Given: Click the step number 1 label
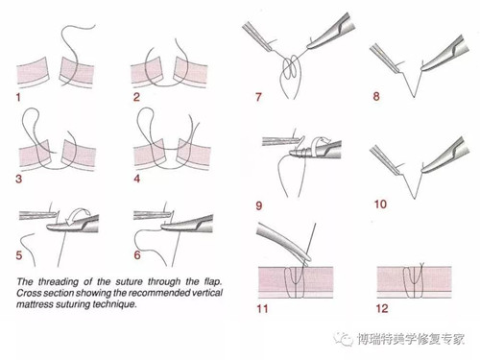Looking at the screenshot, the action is pyautogui.click(x=18, y=97).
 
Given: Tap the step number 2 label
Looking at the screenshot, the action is pyautogui.click(x=136, y=97).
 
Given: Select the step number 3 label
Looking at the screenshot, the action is pyautogui.click(x=19, y=179).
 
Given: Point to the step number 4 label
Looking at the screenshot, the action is pyautogui.click(x=137, y=179).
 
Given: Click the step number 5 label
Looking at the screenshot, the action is pyautogui.click(x=19, y=255).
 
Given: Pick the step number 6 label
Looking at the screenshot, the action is pyautogui.click(x=137, y=255).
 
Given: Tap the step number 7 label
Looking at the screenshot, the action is pyautogui.click(x=258, y=97).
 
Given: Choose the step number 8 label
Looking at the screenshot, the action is pyautogui.click(x=376, y=96).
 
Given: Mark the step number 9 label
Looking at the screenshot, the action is pyautogui.click(x=259, y=205).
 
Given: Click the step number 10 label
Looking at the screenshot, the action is pyautogui.click(x=380, y=204).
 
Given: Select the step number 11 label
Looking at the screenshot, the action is pyautogui.click(x=262, y=309).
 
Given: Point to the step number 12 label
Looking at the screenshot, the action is pyautogui.click(x=382, y=308).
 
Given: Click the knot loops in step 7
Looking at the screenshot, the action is pyautogui.click(x=291, y=68).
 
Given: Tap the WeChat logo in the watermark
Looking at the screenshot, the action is pyautogui.click(x=343, y=338).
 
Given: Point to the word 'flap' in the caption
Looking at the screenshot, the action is pyautogui.click(x=212, y=282).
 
